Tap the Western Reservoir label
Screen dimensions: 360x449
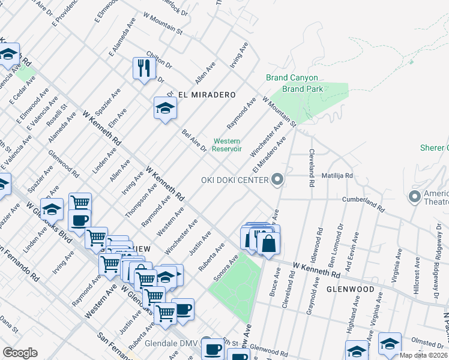228,145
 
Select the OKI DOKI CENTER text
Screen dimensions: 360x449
235,180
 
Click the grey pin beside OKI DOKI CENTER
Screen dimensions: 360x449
277,179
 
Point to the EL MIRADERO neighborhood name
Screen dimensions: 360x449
206,95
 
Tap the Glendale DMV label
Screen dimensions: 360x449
172,344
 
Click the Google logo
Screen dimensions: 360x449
20,353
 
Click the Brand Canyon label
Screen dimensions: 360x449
292,78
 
